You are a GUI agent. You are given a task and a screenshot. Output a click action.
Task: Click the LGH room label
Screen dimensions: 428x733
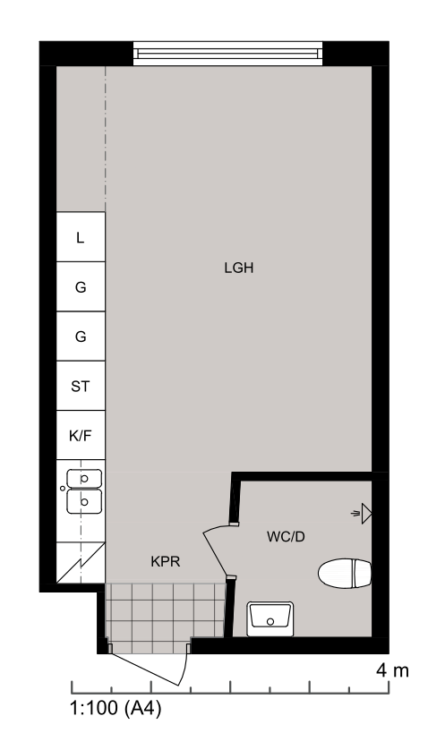(x=238, y=268)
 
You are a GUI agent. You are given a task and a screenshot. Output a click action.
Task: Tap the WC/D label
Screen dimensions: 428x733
(x=286, y=537)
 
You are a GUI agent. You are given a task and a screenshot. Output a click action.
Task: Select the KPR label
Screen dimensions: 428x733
(x=165, y=561)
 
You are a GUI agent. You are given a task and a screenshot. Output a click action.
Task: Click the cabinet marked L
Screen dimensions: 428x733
(x=81, y=237)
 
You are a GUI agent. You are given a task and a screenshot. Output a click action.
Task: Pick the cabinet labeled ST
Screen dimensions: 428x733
(x=81, y=386)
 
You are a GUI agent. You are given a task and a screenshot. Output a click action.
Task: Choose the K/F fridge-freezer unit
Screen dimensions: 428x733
(x=81, y=435)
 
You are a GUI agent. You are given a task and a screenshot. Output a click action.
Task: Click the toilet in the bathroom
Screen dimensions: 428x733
(x=345, y=573)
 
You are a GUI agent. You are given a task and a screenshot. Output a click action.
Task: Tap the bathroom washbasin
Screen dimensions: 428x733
(x=270, y=619)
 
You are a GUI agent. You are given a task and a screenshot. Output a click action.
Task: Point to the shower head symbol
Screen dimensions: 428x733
(x=362, y=514)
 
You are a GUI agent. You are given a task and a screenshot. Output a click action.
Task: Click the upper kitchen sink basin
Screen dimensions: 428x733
(x=84, y=478)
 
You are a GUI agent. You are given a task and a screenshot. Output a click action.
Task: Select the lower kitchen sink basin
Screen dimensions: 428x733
(x=84, y=501)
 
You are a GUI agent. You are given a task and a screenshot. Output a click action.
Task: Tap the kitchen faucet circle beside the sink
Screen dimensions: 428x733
(x=63, y=489)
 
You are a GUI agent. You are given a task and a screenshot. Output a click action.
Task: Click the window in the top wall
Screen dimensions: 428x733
(x=227, y=54)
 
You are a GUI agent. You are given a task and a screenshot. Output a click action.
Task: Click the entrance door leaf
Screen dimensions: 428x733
(x=143, y=669)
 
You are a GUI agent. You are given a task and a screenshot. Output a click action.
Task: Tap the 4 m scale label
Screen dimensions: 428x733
(x=392, y=671)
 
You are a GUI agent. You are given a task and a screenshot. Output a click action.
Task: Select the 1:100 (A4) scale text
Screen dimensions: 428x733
(x=116, y=708)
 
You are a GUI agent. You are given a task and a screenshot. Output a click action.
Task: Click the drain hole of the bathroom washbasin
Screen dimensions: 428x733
(x=270, y=621)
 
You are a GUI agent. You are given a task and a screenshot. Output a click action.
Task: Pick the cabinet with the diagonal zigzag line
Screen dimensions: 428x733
(x=81, y=563)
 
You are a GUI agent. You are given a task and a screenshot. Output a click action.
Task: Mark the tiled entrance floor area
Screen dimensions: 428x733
(x=165, y=618)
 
